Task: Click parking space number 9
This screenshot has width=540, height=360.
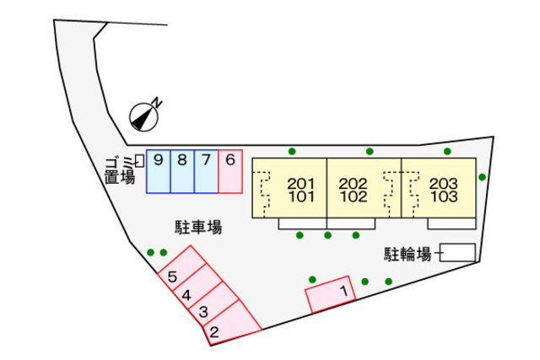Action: [159, 171]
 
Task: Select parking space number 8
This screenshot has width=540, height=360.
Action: [182, 171]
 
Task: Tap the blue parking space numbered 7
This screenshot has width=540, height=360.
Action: [206, 171]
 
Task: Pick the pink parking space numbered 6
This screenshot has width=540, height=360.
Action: [230, 171]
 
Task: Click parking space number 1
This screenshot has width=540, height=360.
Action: [331, 294]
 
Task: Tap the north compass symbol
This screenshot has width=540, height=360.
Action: [144, 117]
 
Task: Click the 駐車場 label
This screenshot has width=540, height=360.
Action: [198, 228]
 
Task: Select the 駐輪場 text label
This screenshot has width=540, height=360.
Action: [408, 255]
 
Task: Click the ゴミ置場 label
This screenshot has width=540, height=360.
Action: [120, 170]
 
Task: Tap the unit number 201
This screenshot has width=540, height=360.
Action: [301, 184]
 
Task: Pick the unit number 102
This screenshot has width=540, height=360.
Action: [354, 196]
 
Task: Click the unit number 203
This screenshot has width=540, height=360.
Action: [444, 184]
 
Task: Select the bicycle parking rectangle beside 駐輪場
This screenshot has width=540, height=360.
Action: [457, 253]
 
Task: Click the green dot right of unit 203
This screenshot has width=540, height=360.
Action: [482, 177]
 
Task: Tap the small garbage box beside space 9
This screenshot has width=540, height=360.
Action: [140, 161]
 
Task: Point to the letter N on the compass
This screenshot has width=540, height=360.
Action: [157, 103]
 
